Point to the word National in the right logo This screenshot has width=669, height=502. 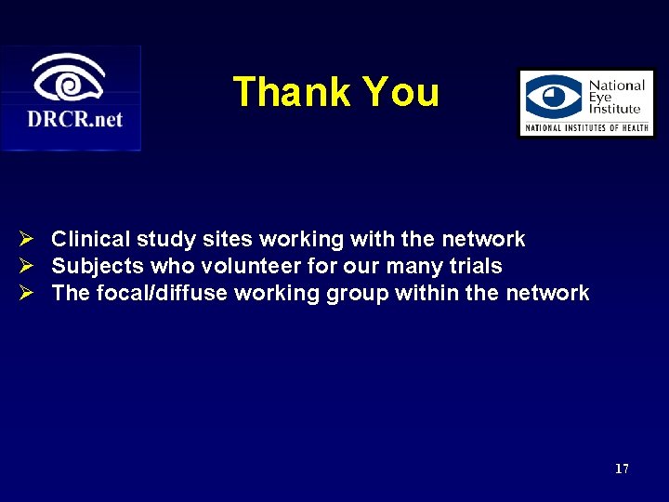[x=617, y=86]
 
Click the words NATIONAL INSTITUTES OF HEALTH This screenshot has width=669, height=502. [x=586, y=127]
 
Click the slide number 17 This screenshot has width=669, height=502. [x=622, y=469]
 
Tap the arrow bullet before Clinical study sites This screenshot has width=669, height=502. [x=28, y=240]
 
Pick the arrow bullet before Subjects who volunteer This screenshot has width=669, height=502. [x=28, y=267]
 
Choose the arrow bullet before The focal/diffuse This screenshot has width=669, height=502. [x=28, y=294]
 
